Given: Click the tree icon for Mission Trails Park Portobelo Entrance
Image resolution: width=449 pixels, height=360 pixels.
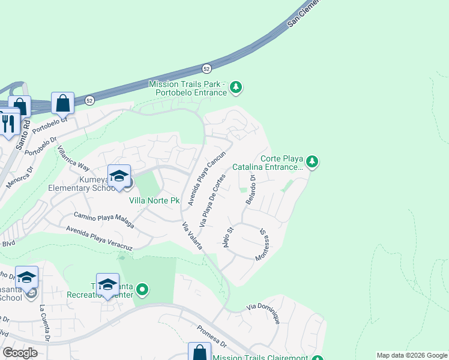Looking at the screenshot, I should pos(237,88).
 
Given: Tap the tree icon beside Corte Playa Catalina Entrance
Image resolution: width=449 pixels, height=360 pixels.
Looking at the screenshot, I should pos(312,161).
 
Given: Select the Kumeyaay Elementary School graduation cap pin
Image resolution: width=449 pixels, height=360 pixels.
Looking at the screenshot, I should pos(119,175).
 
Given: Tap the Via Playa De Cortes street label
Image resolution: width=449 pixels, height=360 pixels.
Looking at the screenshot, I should pos(213,200).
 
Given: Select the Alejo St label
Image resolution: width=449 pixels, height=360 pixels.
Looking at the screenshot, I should pos(227,237).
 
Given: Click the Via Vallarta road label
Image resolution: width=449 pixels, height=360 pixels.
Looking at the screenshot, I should pos(193,236).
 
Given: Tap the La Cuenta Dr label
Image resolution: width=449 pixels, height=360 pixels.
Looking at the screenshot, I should pos(44,323).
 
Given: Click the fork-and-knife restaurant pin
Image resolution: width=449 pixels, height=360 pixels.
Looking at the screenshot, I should pos(8,124).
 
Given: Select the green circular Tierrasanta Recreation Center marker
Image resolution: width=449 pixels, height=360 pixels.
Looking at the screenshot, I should pos(142,290).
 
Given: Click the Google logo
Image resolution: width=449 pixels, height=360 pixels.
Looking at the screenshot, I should pos(20,353).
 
